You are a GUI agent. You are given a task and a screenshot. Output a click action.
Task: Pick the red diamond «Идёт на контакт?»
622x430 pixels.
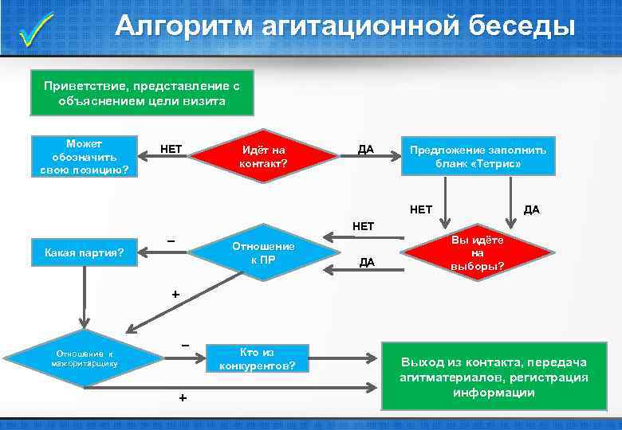tap(263, 156)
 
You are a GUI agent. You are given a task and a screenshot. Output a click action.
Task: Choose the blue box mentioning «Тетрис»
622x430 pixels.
tap(478, 156)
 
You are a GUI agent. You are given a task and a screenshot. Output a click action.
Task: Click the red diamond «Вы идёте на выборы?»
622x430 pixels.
tap(478, 254)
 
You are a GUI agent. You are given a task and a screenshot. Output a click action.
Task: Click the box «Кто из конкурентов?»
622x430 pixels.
tap(257, 359)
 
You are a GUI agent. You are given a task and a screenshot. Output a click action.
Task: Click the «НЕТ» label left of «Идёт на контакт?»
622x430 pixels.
tap(171, 148)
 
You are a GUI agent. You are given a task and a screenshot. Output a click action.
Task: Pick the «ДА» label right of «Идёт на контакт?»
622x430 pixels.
tap(366, 149)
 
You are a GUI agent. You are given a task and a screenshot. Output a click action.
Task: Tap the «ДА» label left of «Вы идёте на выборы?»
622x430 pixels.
tap(366, 262)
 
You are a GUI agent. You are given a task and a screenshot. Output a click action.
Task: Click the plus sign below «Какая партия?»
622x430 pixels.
tap(177, 294)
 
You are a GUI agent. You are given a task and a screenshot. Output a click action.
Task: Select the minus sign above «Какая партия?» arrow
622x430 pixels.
tap(171, 240)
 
